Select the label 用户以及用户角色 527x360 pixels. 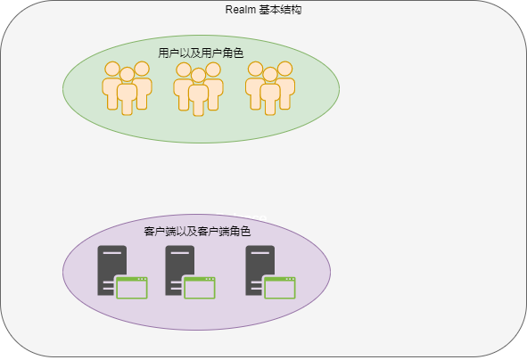201,53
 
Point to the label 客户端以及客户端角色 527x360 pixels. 197,232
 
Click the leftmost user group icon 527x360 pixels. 127,86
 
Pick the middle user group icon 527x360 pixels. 198,87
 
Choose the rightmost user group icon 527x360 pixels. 270,86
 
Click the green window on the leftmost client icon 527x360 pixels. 131,287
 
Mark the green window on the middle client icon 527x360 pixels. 200,287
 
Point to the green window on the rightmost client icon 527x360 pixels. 279,287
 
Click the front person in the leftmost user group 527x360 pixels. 127,92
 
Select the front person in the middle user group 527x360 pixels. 198,94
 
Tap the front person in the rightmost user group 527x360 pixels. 270,92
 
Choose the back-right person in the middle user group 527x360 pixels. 213,80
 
